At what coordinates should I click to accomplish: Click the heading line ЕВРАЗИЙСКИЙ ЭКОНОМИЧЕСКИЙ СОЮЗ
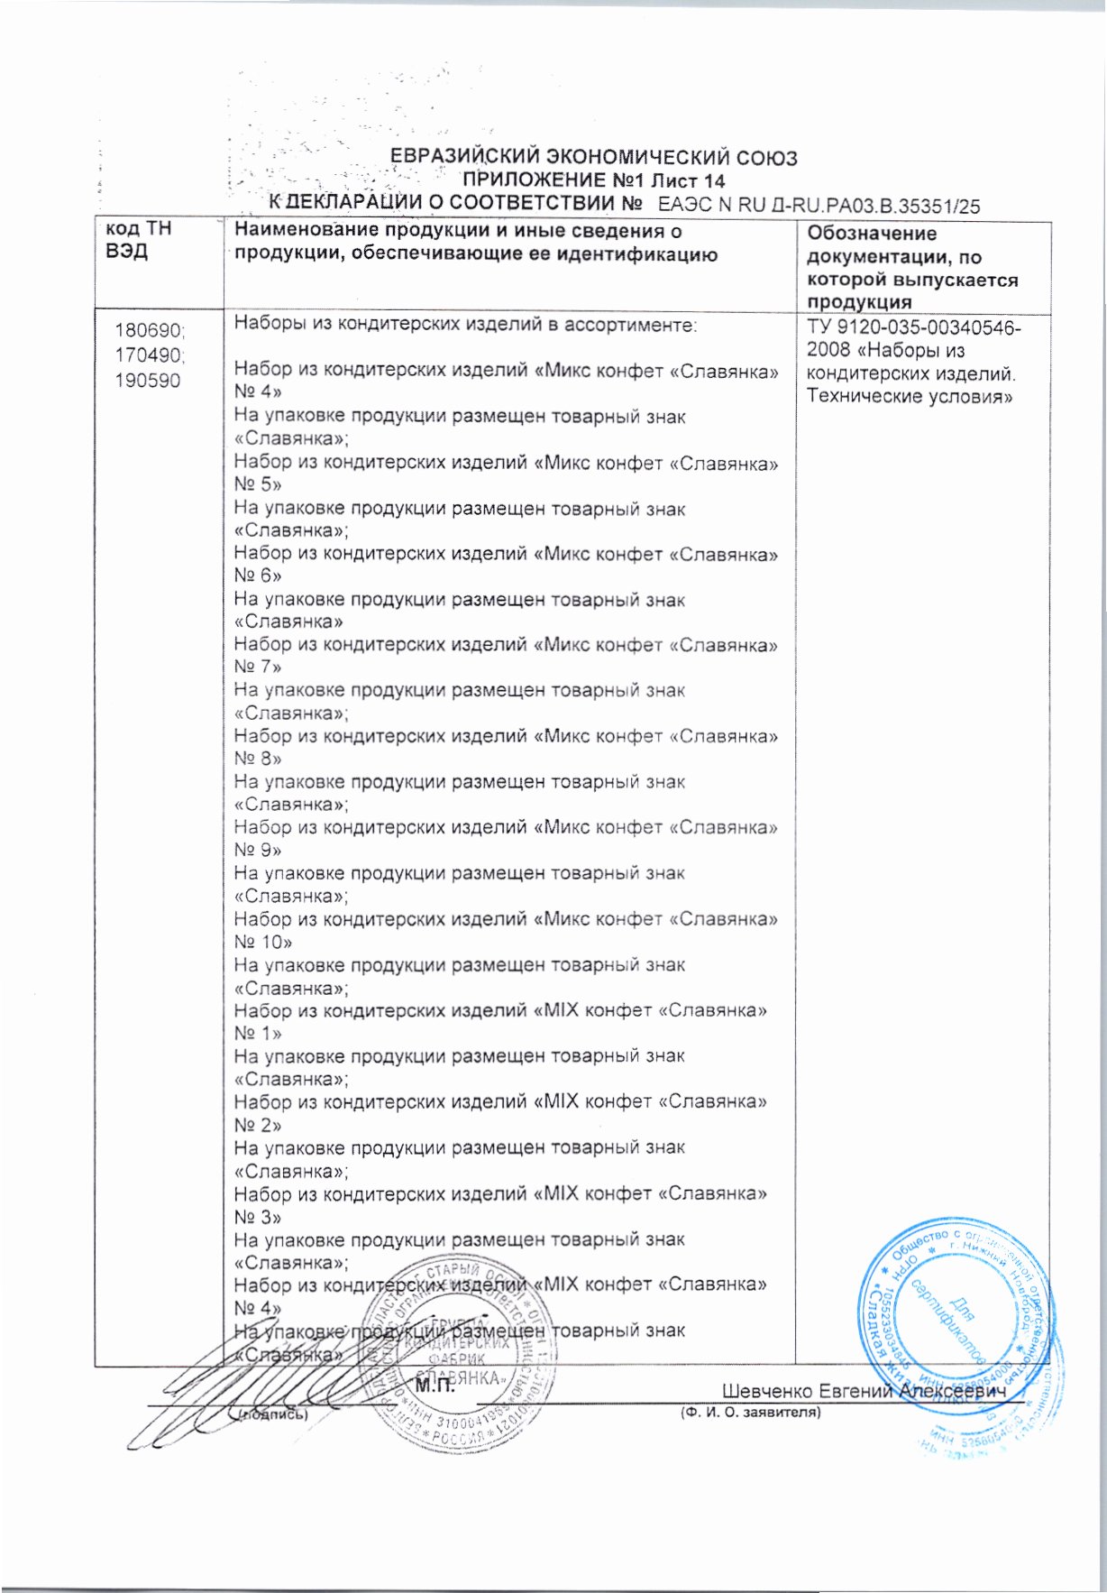coord(593,158)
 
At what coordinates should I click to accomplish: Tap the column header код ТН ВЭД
coord(139,240)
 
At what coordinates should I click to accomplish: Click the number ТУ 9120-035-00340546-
coord(914,327)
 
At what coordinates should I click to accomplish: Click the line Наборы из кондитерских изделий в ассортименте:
coord(465,324)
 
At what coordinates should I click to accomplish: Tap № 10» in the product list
coord(263,942)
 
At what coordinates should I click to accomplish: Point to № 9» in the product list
coord(258,850)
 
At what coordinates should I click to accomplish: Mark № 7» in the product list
coord(258,667)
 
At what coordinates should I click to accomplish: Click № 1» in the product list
coord(258,1033)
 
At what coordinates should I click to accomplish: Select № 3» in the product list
coord(258,1217)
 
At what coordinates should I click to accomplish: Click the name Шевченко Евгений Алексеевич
coord(863,1392)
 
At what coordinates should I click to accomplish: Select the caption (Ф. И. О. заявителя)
coord(750,1413)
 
